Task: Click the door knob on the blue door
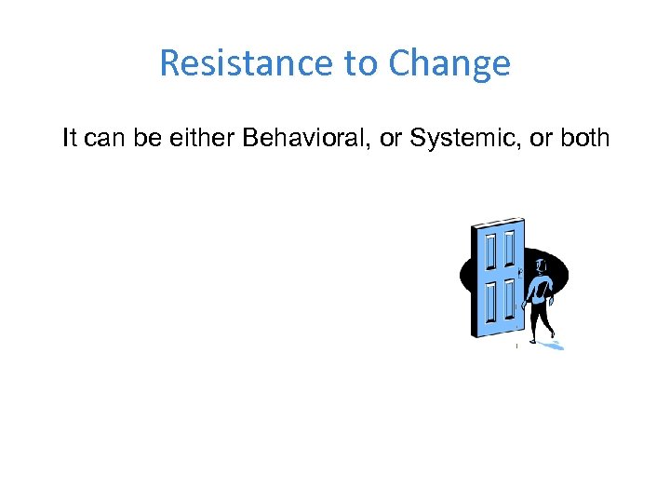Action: tap(520, 272)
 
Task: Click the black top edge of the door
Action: tap(498, 224)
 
